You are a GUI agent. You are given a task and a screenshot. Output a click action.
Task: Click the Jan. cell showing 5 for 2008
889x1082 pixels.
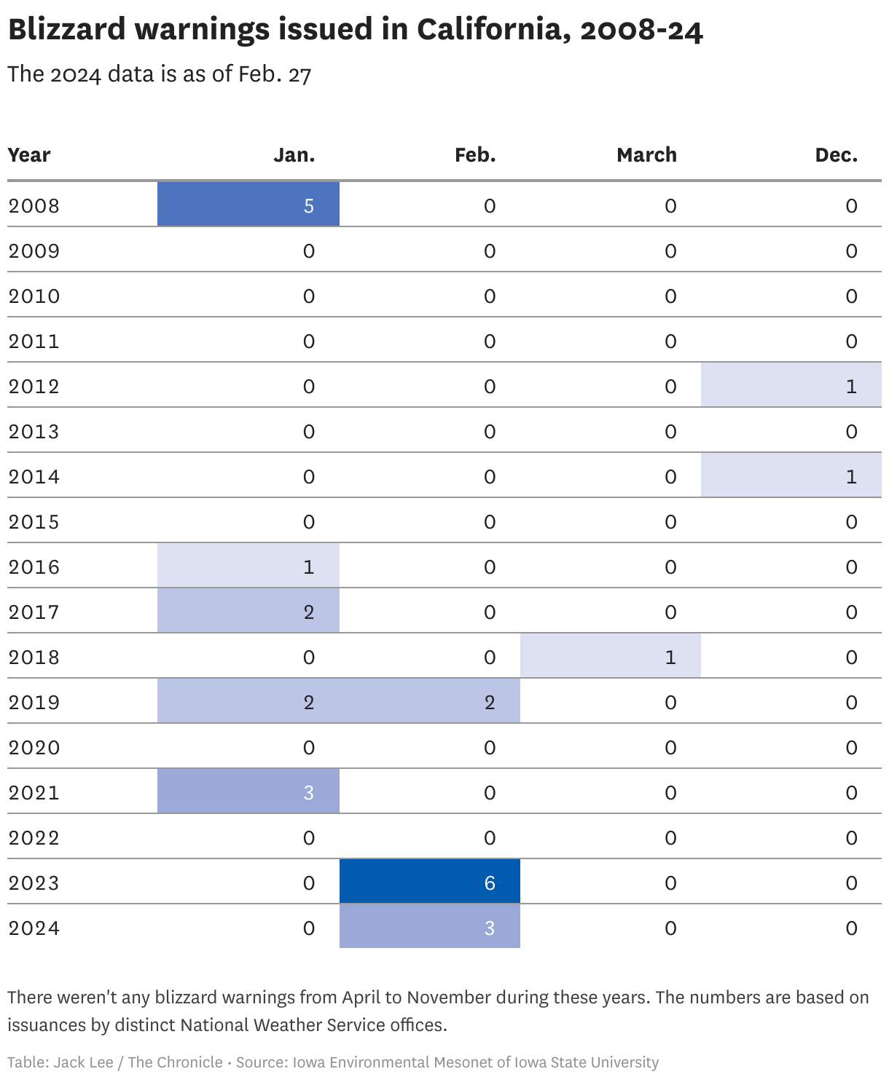tap(248, 204)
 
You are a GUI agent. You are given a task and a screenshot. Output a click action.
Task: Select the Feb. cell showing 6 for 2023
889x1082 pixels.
tap(430, 882)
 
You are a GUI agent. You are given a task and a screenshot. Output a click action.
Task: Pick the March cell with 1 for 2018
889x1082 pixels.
tap(611, 655)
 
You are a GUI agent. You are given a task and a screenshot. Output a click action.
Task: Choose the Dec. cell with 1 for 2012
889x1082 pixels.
tap(791, 384)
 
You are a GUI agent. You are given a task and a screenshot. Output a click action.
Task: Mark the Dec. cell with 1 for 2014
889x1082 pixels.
tap(791, 475)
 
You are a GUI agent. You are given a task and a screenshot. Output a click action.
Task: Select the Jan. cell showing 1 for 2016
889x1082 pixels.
tap(248, 565)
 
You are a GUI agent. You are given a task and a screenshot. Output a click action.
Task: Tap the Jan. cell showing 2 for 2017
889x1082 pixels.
tap(248, 610)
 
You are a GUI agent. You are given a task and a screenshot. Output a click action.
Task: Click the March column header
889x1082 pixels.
tap(646, 155)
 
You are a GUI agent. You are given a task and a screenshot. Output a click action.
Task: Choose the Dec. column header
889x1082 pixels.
tap(836, 155)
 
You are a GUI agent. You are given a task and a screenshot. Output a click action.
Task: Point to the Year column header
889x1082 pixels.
tap(29, 155)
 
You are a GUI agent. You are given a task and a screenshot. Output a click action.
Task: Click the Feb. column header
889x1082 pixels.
tap(475, 155)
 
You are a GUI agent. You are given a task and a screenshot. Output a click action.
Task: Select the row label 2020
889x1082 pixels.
tap(34, 748)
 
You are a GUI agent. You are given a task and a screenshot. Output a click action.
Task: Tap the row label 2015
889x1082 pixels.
tap(34, 522)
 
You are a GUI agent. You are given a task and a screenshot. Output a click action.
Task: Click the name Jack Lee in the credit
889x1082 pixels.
tap(83, 1062)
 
